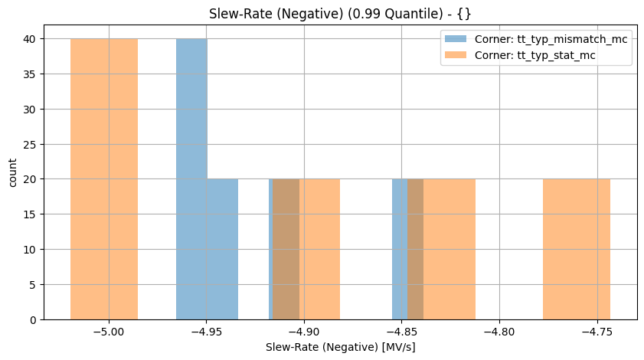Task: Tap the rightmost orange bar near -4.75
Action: click(577, 249)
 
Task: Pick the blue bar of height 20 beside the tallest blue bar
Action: click(223, 249)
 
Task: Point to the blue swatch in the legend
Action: click(456, 39)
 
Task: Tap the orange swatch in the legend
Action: click(456, 55)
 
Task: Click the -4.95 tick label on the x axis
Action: click(206, 333)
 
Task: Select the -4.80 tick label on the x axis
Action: click(499, 333)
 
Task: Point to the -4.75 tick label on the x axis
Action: click(597, 333)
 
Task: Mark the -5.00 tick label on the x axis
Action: click(109, 333)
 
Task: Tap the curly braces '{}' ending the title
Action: click(464, 14)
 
